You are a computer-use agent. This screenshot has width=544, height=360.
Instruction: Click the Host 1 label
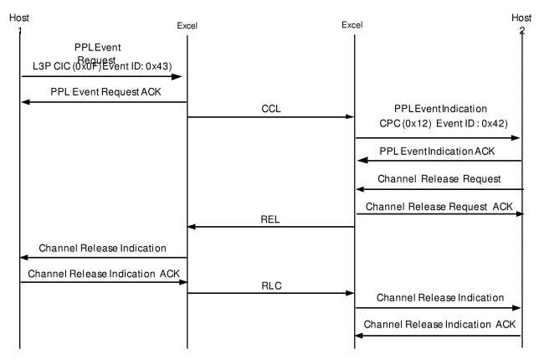click(x=19, y=22)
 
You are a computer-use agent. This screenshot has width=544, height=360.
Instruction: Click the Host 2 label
click(x=521, y=22)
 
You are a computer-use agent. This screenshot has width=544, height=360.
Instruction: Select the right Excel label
click(x=352, y=25)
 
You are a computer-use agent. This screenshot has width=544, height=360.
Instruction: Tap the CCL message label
click(x=269, y=108)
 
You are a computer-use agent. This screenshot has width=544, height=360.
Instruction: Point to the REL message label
click(x=269, y=219)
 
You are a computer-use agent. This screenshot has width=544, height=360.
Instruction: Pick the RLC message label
click(x=269, y=285)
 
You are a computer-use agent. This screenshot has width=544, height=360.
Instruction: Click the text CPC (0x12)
click(x=399, y=122)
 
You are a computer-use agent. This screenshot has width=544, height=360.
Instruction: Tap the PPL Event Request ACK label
click(x=102, y=89)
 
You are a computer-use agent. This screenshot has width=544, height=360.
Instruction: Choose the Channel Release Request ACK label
click(x=438, y=205)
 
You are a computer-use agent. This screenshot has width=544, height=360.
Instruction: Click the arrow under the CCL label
click(x=269, y=116)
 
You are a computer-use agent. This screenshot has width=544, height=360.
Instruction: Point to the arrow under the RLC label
click(x=269, y=294)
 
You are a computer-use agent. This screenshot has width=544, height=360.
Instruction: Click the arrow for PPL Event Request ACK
click(x=102, y=103)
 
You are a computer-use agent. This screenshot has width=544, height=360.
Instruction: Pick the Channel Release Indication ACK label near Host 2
click(x=438, y=323)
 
